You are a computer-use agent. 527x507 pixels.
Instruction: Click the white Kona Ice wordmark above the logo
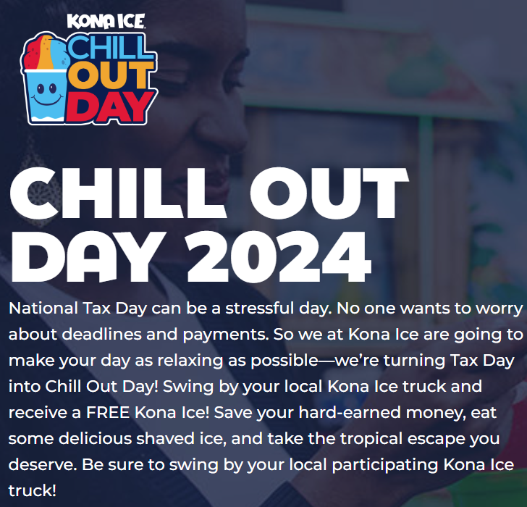click(x=106, y=22)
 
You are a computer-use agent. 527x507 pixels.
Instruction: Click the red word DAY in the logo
click(x=110, y=106)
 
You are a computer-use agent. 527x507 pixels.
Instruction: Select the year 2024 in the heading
click(x=279, y=256)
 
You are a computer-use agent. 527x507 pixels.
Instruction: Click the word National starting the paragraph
click(x=43, y=308)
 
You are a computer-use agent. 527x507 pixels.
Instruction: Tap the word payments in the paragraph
click(x=226, y=335)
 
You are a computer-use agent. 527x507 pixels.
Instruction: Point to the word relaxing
click(x=190, y=361)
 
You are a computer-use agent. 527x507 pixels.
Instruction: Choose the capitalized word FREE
click(x=108, y=413)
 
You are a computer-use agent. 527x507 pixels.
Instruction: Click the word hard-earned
click(x=350, y=413)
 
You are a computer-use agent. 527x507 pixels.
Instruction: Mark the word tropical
click(x=371, y=440)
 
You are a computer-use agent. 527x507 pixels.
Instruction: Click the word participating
click(x=385, y=466)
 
